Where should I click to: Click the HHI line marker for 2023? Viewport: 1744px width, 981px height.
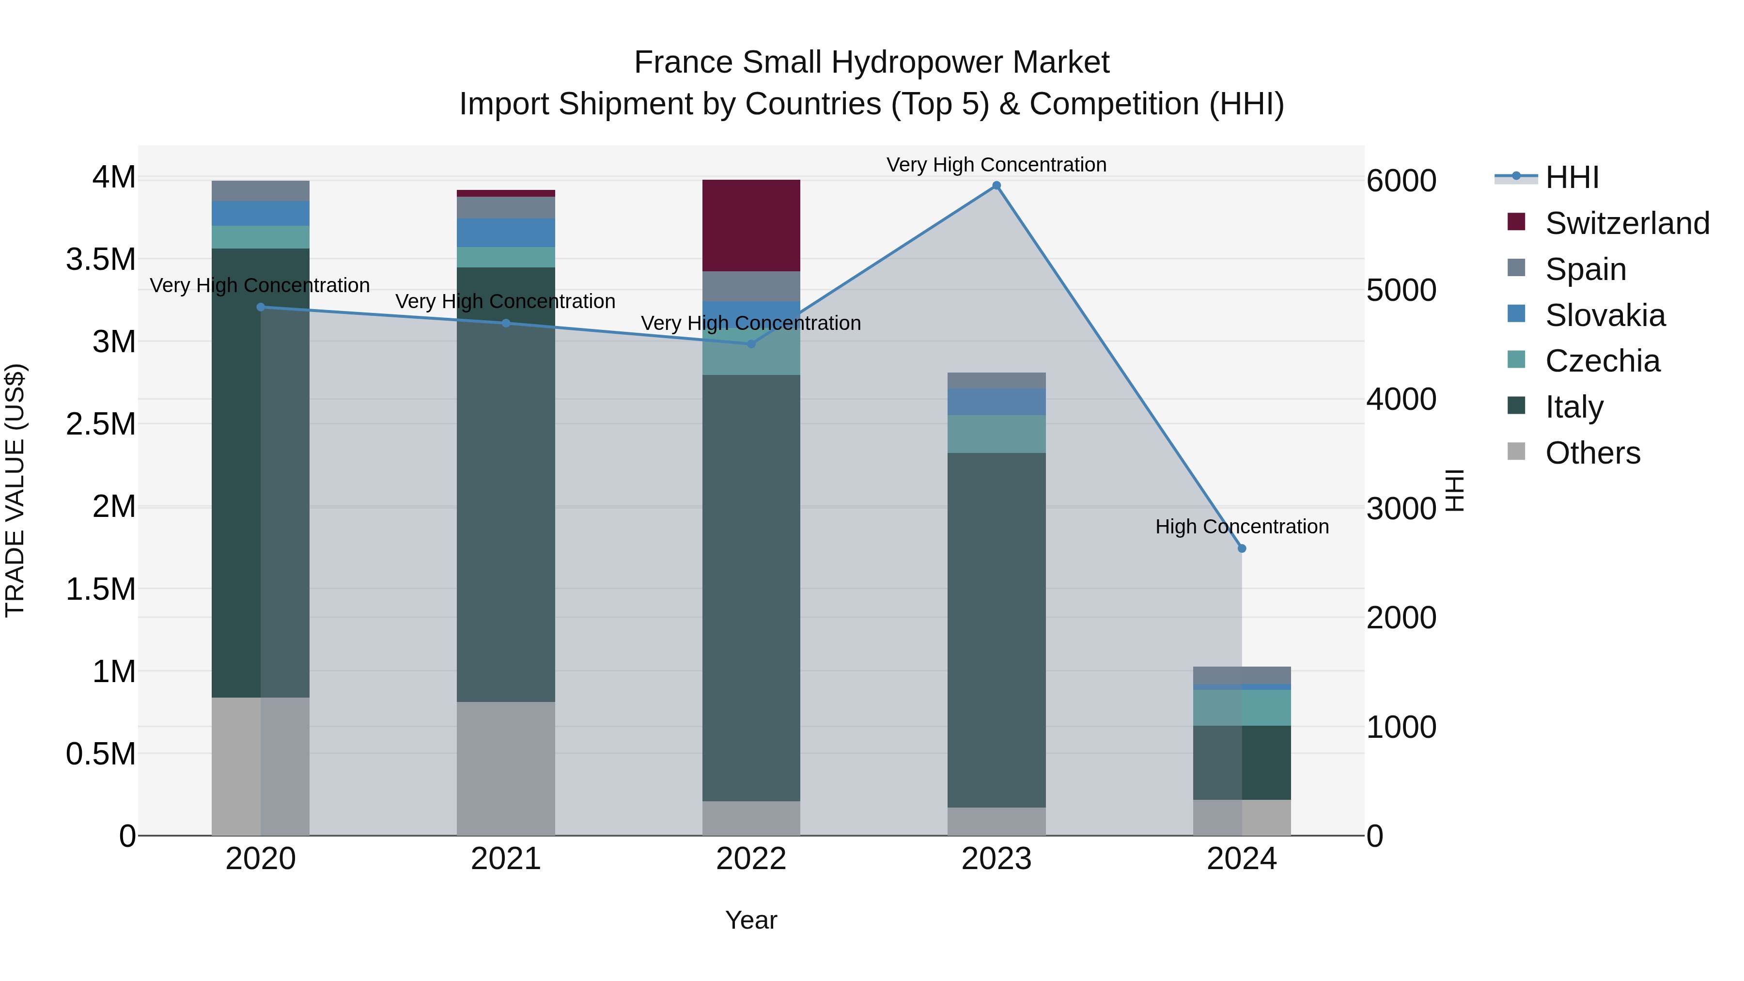point(996,186)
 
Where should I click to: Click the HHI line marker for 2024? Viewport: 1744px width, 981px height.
point(1242,548)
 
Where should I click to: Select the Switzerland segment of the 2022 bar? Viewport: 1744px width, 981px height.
point(751,225)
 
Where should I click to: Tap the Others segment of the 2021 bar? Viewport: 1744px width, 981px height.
point(506,768)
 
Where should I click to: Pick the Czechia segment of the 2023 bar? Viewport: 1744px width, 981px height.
point(996,434)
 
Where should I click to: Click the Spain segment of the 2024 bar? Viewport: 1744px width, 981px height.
point(1242,675)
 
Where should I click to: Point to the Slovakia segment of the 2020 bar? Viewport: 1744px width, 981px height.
point(261,213)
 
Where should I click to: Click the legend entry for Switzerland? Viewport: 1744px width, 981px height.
point(1627,223)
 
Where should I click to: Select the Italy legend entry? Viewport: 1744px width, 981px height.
point(1574,407)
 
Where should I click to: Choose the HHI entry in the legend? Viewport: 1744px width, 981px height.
point(1572,177)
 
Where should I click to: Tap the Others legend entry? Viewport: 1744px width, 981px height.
point(1592,453)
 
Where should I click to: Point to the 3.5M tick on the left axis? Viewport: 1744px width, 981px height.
point(101,259)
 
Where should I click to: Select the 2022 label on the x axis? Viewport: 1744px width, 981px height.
point(751,859)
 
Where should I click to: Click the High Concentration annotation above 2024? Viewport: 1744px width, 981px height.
point(1242,526)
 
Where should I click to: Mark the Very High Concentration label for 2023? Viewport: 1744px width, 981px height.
point(996,165)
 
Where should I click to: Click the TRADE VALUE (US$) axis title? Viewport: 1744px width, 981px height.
point(15,490)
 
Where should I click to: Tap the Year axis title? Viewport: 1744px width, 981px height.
point(751,920)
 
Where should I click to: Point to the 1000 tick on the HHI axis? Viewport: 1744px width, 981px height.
point(1401,727)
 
